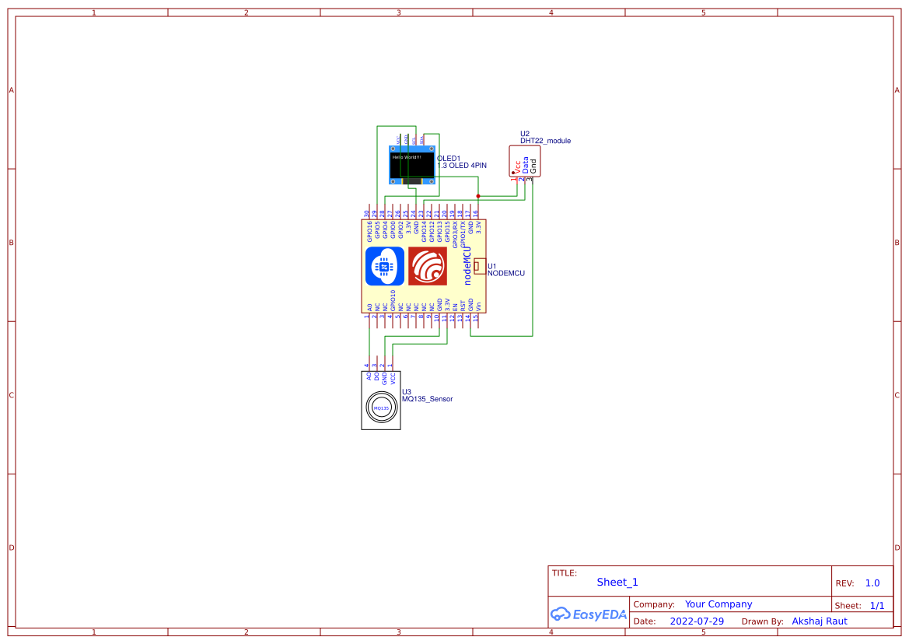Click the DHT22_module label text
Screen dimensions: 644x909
click(x=545, y=141)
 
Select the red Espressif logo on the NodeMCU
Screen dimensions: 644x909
click(x=427, y=266)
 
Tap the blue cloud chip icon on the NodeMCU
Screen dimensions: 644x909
click(x=384, y=266)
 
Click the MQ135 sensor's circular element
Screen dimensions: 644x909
click(x=381, y=408)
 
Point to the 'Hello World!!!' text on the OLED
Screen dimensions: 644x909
click(x=406, y=157)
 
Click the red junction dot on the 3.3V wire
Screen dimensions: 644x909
click(x=478, y=196)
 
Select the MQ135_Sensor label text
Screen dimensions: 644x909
click(x=427, y=399)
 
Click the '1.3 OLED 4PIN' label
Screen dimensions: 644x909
click(x=462, y=166)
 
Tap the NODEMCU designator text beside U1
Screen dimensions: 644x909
click(x=505, y=274)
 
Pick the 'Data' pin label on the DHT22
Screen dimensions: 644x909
click(x=525, y=165)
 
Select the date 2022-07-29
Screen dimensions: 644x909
click(x=697, y=621)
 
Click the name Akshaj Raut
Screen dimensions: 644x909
click(x=819, y=621)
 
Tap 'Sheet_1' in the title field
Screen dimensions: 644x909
click(x=617, y=583)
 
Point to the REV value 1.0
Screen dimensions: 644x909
click(x=872, y=583)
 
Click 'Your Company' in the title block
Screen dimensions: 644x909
click(x=718, y=604)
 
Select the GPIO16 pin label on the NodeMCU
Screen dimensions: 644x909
click(x=369, y=233)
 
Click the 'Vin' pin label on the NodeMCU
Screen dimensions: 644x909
click(x=478, y=306)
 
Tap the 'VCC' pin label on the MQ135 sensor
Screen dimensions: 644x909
click(x=393, y=379)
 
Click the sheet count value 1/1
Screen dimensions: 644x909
click(x=876, y=605)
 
